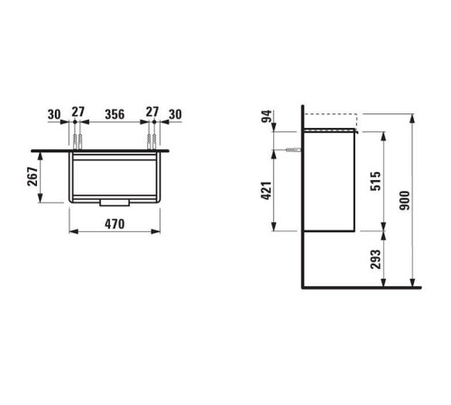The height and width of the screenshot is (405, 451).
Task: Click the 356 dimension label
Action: pos(115,114)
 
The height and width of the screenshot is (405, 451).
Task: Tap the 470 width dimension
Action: pos(115,224)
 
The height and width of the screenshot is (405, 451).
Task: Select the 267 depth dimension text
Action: pos(32,176)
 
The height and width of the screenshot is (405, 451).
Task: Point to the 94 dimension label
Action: pos(266,116)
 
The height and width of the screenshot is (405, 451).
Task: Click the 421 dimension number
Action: pos(266,191)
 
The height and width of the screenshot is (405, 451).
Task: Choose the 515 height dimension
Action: pos(375,181)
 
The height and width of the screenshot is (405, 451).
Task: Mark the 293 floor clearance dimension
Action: pos(375,259)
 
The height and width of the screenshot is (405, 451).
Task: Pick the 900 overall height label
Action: pos(405,201)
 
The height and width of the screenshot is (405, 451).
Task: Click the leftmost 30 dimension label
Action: pos(54,114)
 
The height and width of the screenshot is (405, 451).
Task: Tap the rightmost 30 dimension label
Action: pos(175,114)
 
